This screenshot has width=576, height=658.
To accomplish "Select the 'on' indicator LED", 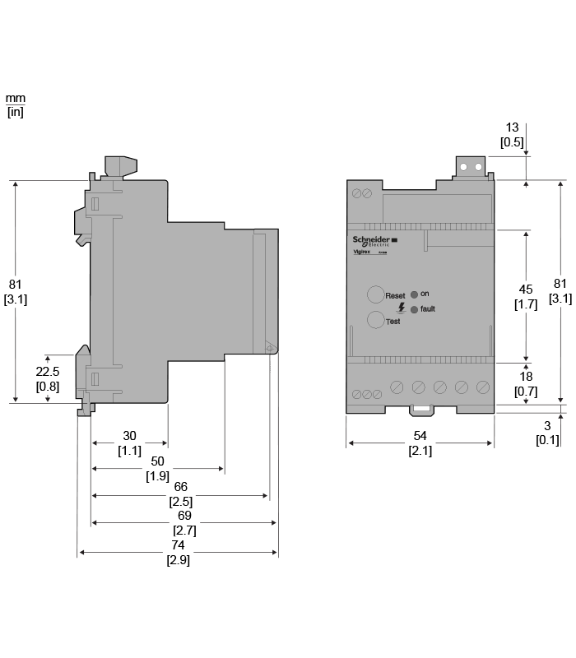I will [x=415, y=294].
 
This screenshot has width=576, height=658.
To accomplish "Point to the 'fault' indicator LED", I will [x=414, y=309].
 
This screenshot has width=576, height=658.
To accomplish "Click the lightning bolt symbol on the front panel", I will [x=401, y=307].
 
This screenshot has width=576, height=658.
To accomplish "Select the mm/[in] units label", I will [x=16, y=106].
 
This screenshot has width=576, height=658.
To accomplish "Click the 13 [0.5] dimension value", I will [x=512, y=134].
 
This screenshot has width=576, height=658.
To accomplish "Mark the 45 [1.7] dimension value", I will [x=526, y=296].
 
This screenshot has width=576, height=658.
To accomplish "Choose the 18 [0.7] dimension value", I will [x=526, y=383].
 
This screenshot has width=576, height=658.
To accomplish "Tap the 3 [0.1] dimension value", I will [x=547, y=433].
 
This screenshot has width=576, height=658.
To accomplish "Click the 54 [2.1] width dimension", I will [x=420, y=443].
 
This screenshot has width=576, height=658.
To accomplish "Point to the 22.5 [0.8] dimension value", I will [x=47, y=378].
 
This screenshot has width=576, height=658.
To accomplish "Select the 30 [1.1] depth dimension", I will [x=129, y=443].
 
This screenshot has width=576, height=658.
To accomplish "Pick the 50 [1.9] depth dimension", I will [x=158, y=469].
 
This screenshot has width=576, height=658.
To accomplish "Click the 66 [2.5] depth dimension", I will [x=181, y=494].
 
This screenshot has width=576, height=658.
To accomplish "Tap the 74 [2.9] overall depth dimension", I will [x=178, y=552].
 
